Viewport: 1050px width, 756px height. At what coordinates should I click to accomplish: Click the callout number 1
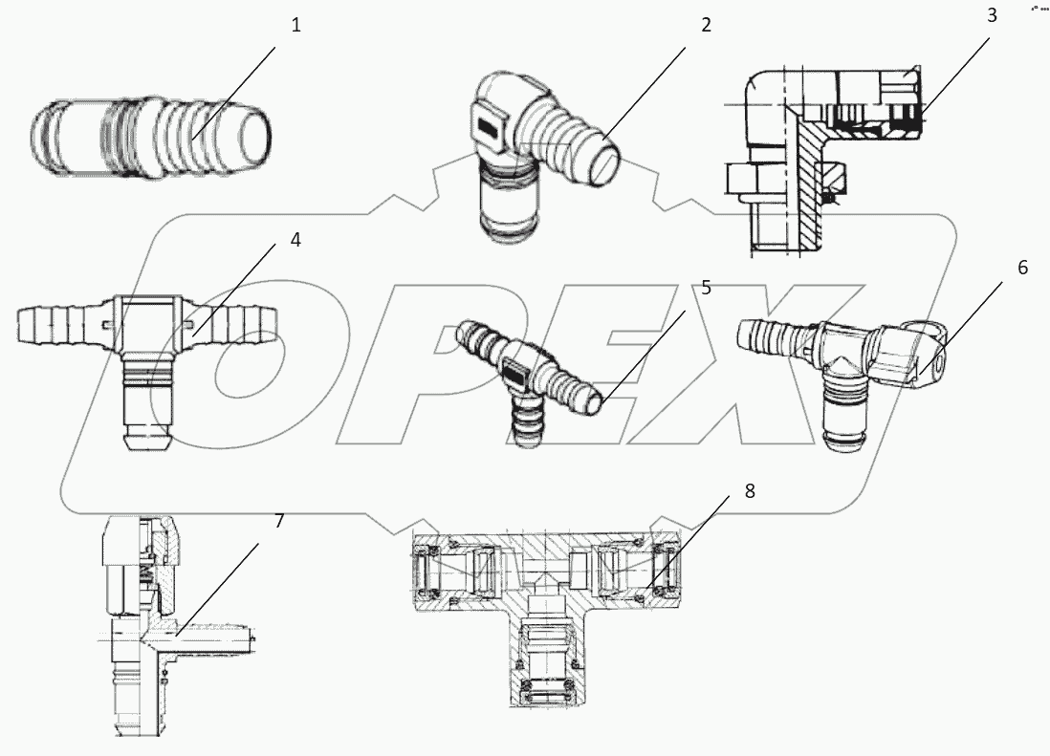295,26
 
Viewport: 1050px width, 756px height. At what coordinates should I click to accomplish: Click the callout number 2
706,26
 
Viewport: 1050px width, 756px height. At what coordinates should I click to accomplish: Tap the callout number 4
295,241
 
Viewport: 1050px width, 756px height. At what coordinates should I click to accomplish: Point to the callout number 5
706,288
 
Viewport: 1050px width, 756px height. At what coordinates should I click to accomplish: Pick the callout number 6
1022,268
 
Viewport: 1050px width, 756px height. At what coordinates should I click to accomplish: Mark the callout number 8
749,491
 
